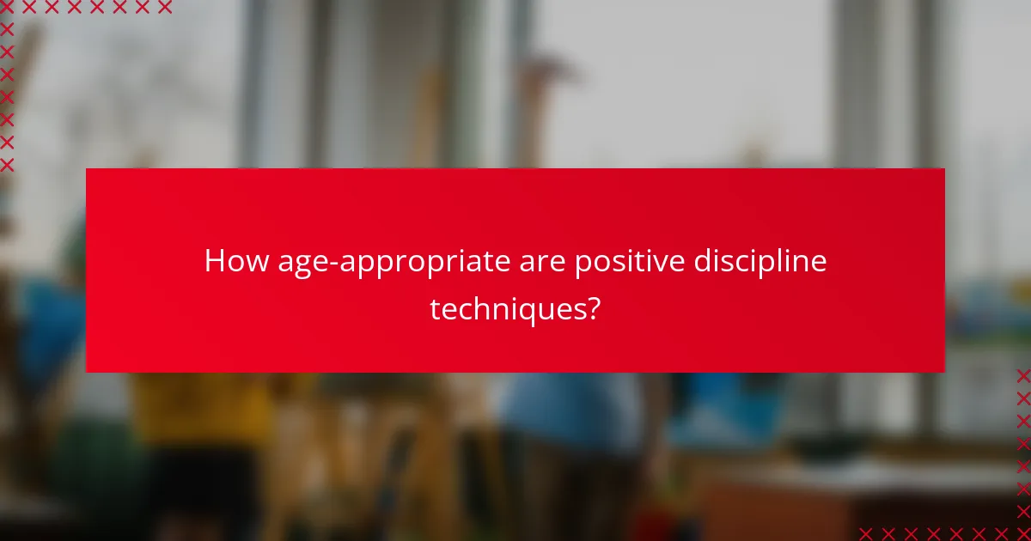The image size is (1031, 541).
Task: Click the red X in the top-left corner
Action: click(x=7, y=8)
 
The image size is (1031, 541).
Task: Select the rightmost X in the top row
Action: click(x=165, y=8)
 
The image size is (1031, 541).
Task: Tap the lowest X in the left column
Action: click(x=7, y=164)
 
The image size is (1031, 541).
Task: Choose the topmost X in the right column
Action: click(x=1023, y=375)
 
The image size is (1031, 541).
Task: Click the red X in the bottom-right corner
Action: click(x=1023, y=533)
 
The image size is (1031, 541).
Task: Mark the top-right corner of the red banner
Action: click(x=944, y=169)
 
